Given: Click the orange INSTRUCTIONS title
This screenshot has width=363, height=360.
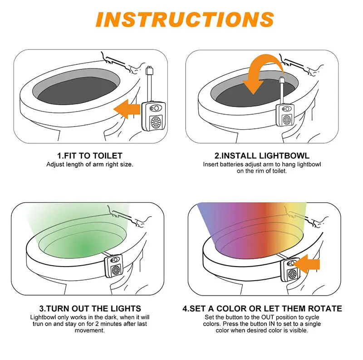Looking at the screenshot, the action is [185, 19].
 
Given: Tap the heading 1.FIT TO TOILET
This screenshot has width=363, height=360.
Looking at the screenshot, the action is [90, 156].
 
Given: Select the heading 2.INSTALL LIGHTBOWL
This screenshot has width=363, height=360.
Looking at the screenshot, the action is [262, 156].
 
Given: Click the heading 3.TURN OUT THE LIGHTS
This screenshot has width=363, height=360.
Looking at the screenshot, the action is [90, 309].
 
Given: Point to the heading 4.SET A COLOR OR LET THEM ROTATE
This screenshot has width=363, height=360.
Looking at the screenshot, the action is [262, 309].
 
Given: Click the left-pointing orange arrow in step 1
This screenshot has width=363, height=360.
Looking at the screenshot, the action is [127, 109].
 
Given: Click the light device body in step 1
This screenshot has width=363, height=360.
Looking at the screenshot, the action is [153, 117].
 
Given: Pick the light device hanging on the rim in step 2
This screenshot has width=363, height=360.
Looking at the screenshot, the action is [285, 115].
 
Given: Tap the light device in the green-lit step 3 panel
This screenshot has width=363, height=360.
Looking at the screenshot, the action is [114, 266].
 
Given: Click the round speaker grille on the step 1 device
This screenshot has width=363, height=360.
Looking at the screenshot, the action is [156, 122].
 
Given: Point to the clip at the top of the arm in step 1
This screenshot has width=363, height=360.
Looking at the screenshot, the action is [150, 70].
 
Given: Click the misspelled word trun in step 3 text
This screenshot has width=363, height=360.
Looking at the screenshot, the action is [38, 324].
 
